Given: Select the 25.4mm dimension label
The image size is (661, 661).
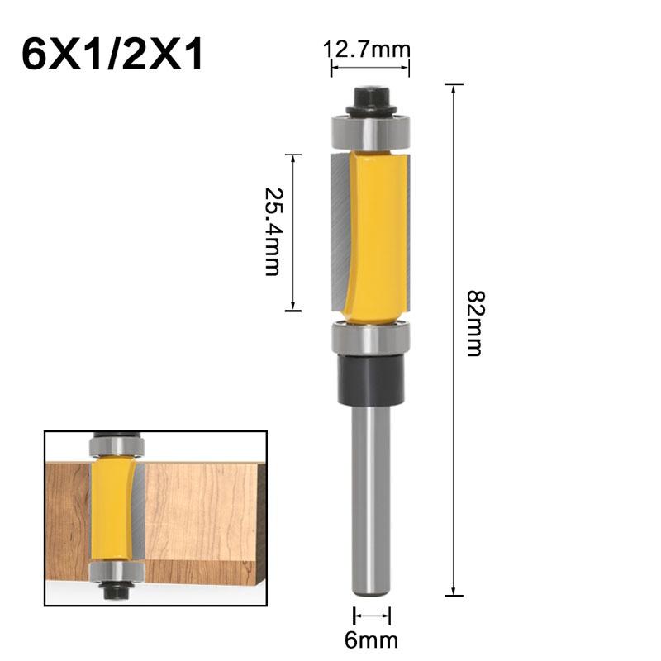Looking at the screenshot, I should pyautogui.click(x=272, y=231).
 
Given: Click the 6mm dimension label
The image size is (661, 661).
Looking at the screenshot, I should pyautogui.click(x=372, y=639).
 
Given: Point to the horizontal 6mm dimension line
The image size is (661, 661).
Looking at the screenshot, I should pyautogui.click(x=372, y=616).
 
